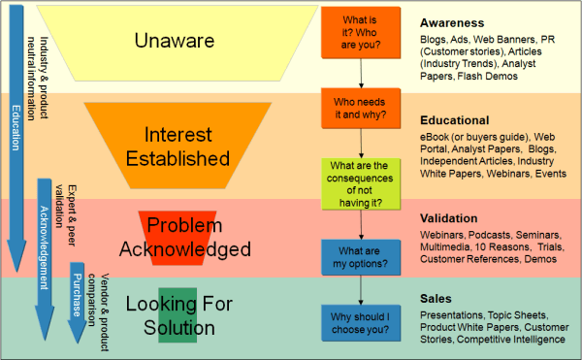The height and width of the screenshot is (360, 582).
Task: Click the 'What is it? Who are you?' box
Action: (360, 32)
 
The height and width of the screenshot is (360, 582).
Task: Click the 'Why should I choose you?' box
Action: (360, 322)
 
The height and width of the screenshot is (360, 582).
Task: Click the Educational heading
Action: (454, 119)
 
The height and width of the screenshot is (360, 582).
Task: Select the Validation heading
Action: (449, 217)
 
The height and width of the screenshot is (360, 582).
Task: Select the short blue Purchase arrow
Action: (77, 296)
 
